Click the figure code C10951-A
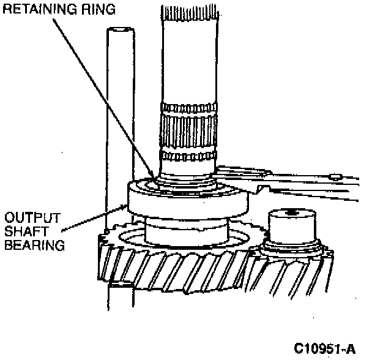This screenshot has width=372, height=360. pyautogui.click(x=324, y=349)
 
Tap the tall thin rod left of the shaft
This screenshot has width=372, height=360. pyautogui.click(x=119, y=122)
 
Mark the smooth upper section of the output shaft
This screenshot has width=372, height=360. pyautogui.click(x=188, y=55)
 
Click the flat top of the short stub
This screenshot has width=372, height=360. pyautogui.click(x=292, y=214)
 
